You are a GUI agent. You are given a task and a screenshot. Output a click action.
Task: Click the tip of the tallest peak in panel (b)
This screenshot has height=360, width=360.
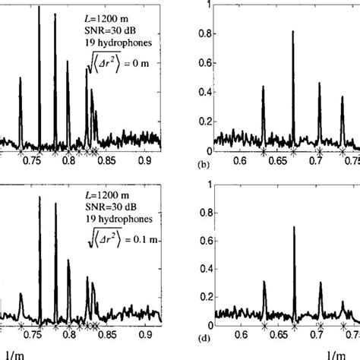click(x=292, y=33)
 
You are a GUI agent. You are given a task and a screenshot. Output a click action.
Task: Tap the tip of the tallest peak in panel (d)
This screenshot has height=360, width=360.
click(x=293, y=226)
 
